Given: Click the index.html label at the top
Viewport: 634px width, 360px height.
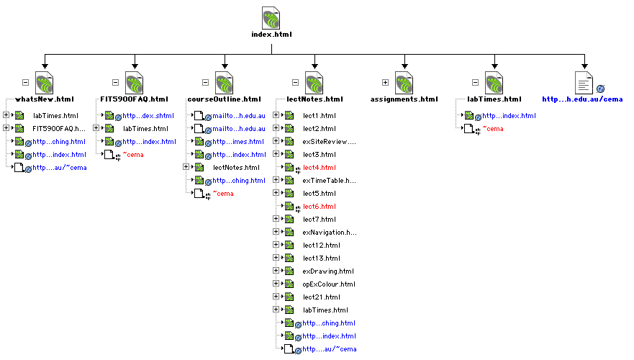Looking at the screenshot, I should (271, 35).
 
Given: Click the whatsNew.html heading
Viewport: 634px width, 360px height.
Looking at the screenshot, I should (45, 99).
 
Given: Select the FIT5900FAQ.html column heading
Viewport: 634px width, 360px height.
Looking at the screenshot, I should (135, 99).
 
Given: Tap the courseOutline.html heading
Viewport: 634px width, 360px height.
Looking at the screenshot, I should (224, 99).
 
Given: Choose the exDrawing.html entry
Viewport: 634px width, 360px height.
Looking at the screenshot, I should (328, 271).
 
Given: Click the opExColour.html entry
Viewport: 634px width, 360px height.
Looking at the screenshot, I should (329, 284).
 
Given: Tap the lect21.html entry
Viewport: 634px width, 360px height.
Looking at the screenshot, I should (321, 297).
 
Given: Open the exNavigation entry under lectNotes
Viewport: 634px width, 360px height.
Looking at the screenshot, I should (329, 233).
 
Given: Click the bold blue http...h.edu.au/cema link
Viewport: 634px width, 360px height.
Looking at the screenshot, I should (581, 99).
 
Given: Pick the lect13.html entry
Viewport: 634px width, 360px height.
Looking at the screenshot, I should (321, 258).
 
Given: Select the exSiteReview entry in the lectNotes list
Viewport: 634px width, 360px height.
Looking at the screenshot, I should (329, 142).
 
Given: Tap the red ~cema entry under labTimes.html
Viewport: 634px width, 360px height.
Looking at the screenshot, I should (492, 129).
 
